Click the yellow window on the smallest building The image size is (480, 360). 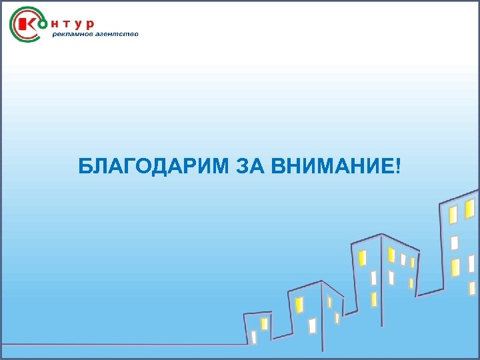[x=264, y=323]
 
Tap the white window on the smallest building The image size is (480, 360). [x=253, y=336]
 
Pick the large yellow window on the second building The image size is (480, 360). [x=299, y=305]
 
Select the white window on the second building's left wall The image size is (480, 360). [x=312, y=325]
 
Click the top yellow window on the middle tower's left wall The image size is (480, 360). [x=362, y=257]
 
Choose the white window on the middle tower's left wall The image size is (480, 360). [x=373, y=277]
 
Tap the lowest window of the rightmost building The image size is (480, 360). [x=472, y=288]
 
